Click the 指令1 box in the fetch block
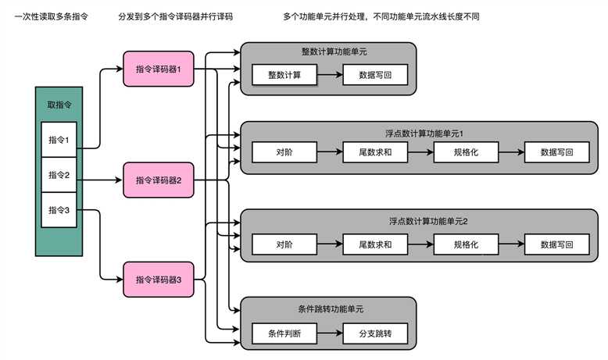pyautogui.click(x=59, y=140)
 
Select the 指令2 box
pyautogui.click(x=59, y=175)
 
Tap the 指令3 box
pyautogui.click(x=59, y=209)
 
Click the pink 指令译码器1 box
pyautogui.click(x=159, y=69)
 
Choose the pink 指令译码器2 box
pyautogui.click(x=159, y=180)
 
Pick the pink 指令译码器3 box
pyautogui.click(x=159, y=279)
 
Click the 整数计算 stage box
pyautogui.click(x=284, y=76)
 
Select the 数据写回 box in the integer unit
pyautogui.click(x=374, y=76)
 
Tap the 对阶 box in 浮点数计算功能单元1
pyautogui.click(x=284, y=152)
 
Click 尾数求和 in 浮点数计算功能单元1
pyautogui.click(x=374, y=152)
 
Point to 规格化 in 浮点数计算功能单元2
pyautogui.click(x=466, y=245)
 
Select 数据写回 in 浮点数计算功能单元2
pyautogui.click(x=558, y=245)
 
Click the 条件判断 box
pyautogui.click(x=284, y=333)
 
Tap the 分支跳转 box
pyautogui.click(x=374, y=333)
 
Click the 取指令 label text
pyautogui.click(x=59, y=104)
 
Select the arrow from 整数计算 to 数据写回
pyautogui.click(x=329, y=76)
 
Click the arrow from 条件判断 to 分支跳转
pyautogui.click(x=329, y=333)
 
